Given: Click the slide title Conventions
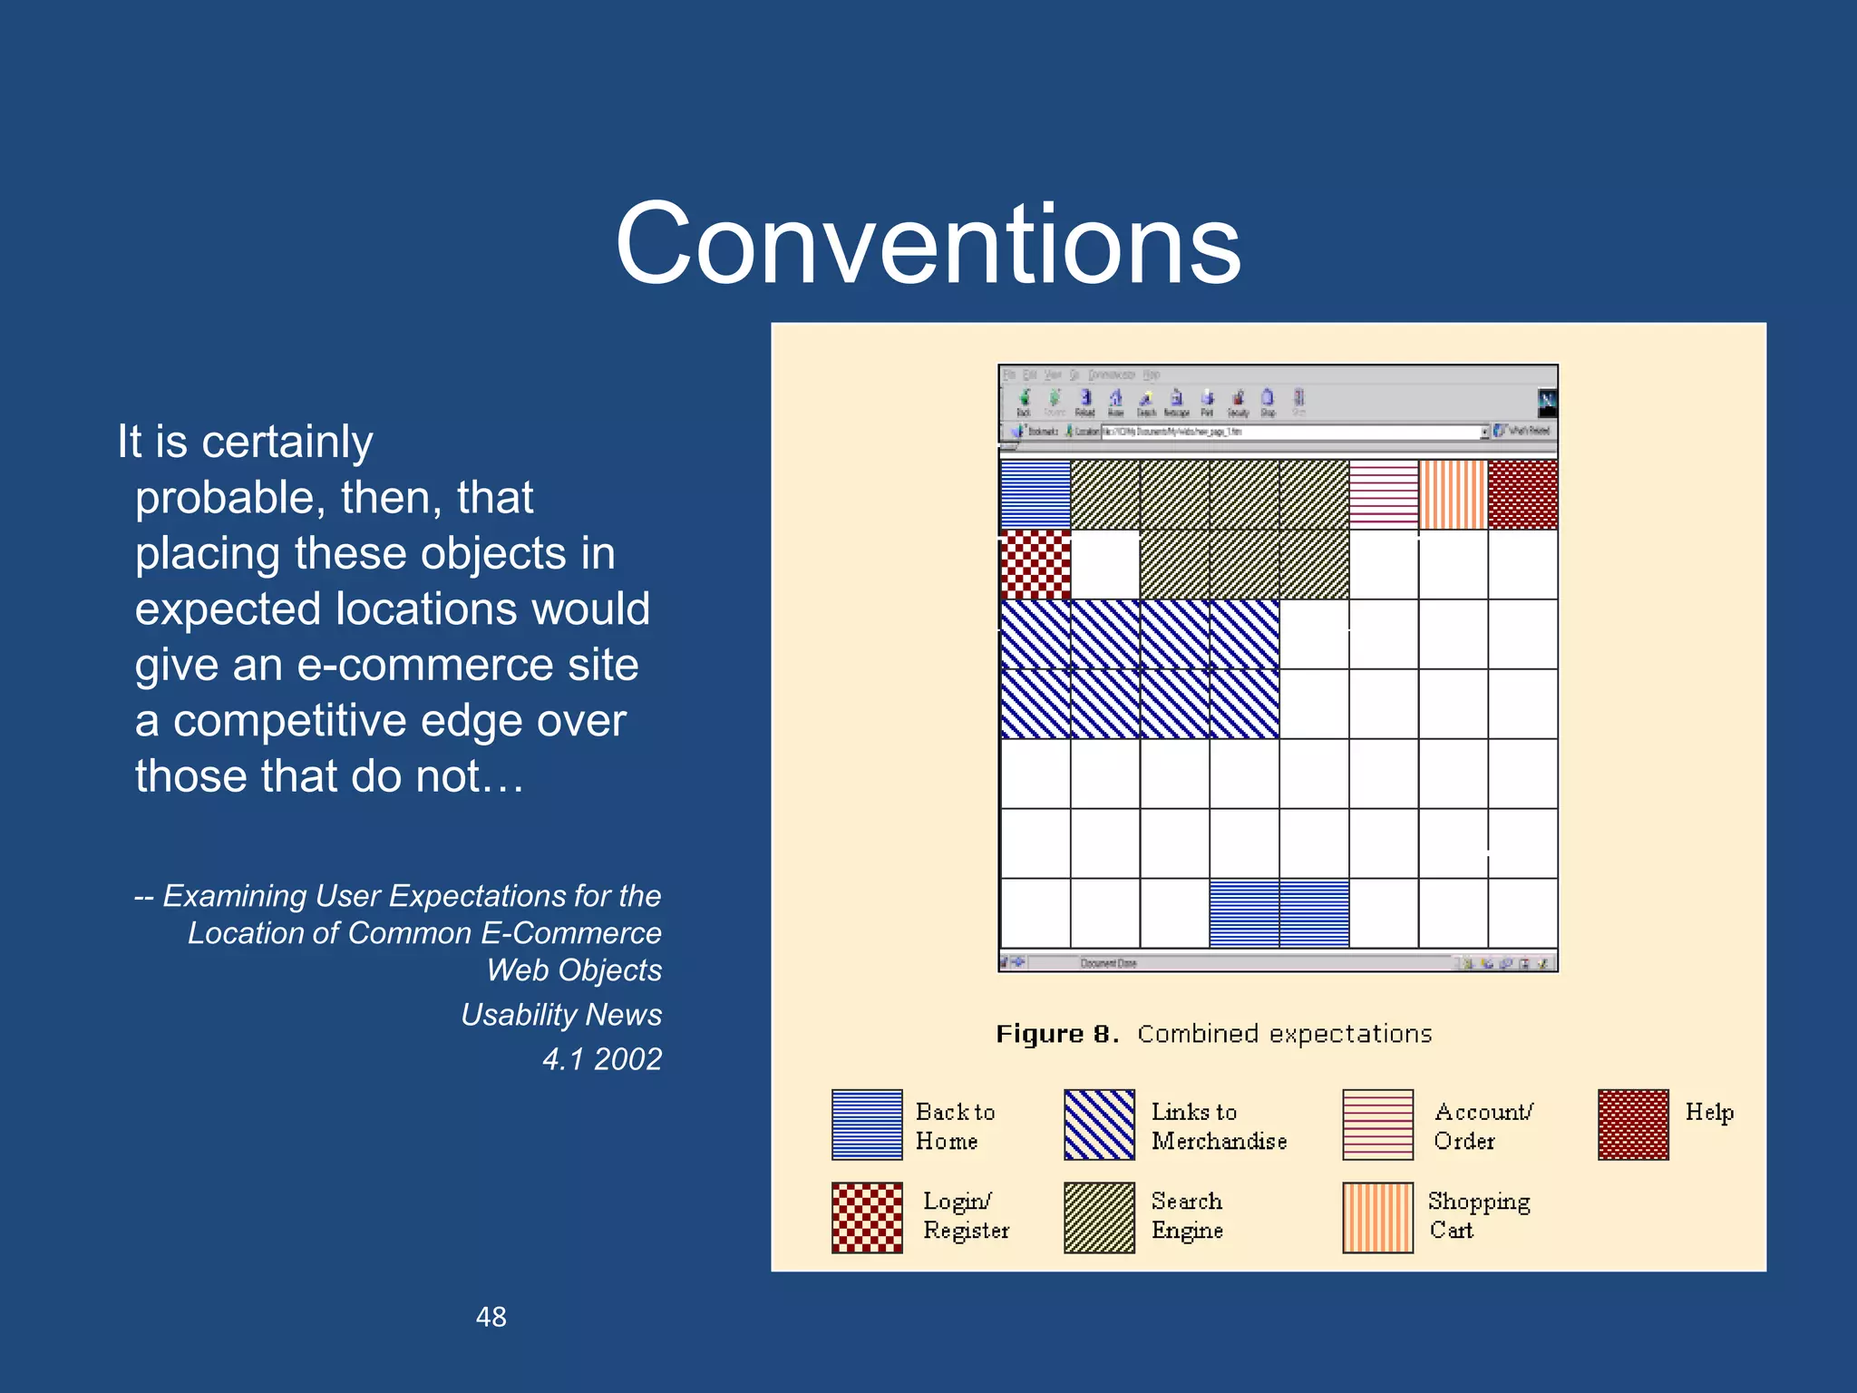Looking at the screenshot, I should coord(928,245).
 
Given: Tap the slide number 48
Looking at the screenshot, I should coord(491,1317).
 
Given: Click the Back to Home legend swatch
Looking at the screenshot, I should coord(867,1125).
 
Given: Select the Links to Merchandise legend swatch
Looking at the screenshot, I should coord(1099,1125).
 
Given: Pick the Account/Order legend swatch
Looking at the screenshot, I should coord(1377,1125).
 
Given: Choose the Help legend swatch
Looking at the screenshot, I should coord(1633,1125).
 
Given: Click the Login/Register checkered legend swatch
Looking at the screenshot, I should coord(867,1217).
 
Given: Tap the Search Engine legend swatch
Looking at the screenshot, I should coord(1099,1217).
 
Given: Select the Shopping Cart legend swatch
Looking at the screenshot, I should coord(1377,1217).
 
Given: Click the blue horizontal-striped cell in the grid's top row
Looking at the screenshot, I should coord(1035,494).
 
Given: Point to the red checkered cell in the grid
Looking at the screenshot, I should coord(1035,565).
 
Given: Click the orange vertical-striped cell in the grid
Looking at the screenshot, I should coord(1453,494).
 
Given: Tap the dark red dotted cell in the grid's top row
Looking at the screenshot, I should coord(1523,494).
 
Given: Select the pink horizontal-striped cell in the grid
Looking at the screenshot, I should coord(1384,494).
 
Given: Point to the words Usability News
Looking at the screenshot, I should coord(561,1014).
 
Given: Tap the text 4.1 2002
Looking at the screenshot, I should coord(602,1058).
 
